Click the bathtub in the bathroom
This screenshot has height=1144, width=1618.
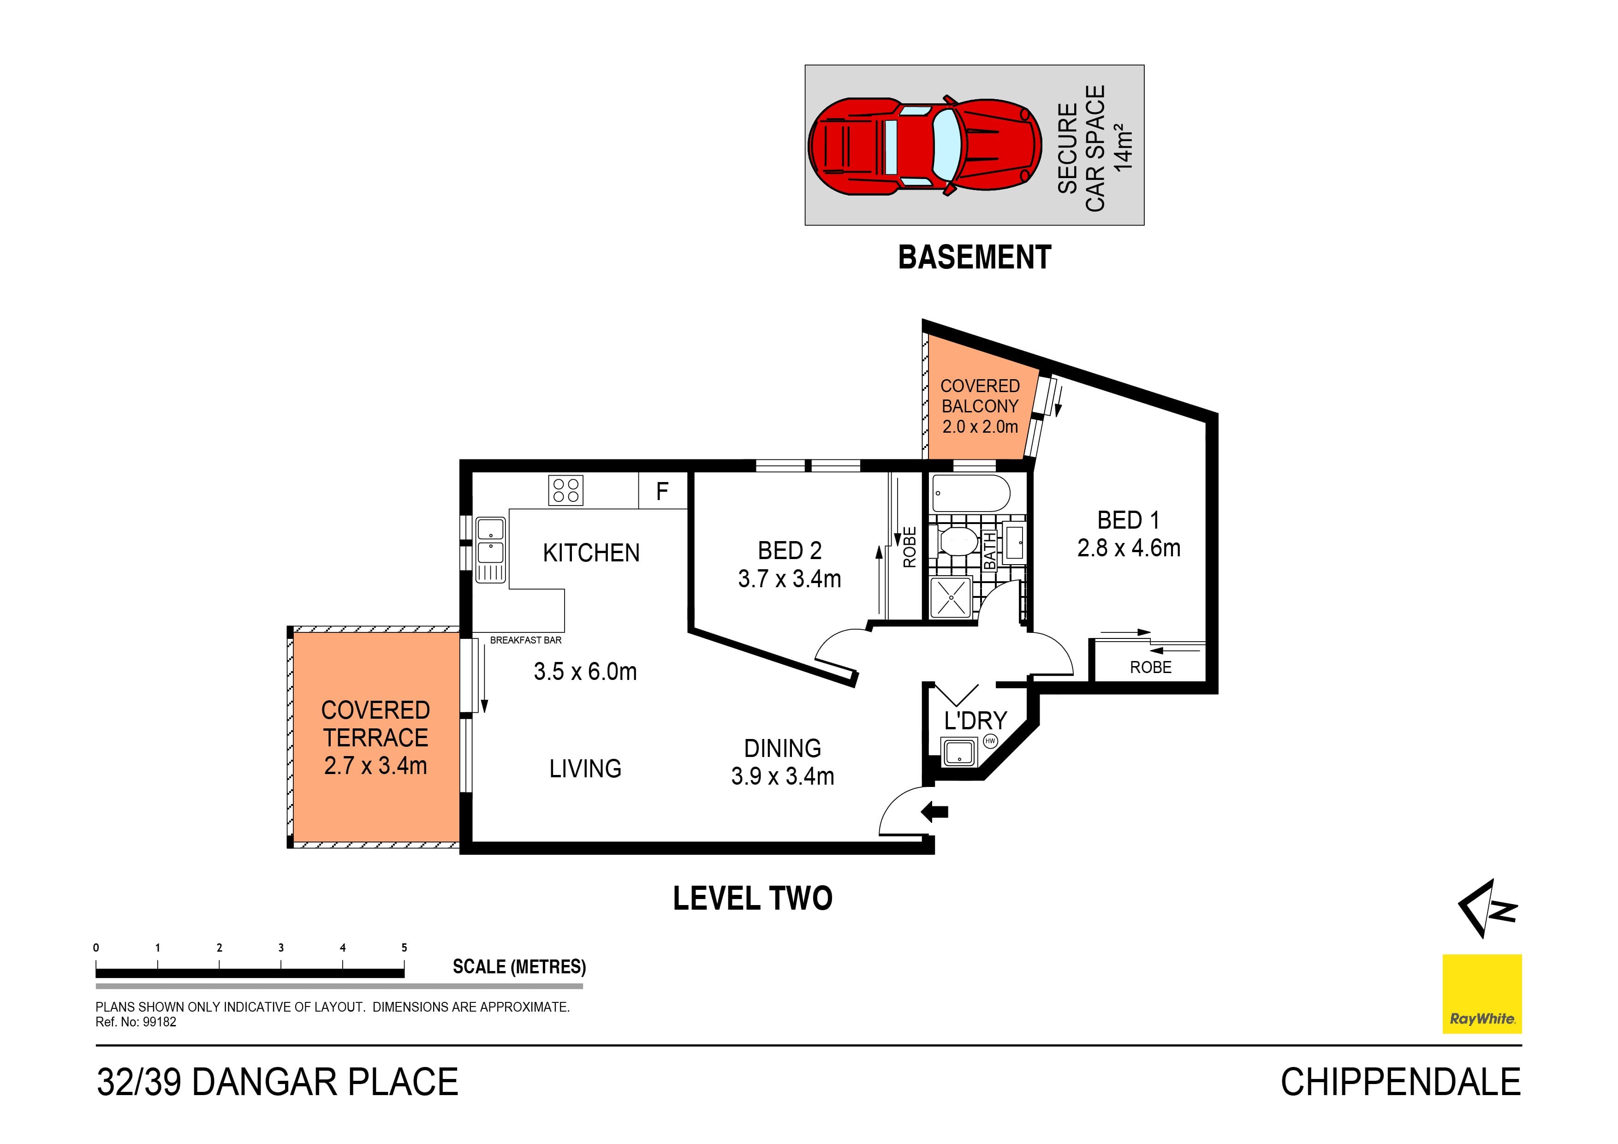pyautogui.click(x=970, y=494)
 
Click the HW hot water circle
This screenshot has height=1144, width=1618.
pyautogui.click(x=990, y=741)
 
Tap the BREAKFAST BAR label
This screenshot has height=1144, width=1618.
pyautogui.click(x=526, y=640)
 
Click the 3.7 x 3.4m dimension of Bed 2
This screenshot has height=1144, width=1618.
pyautogui.click(x=789, y=579)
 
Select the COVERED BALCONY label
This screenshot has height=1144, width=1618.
pyautogui.click(x=980, y=396)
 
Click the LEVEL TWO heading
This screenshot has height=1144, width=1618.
pyautogui.click(x=753, y=899)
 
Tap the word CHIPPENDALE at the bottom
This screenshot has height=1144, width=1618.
pyautogui.click(x=1400, y=1083)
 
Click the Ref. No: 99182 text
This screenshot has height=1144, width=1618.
pyautogui.click(x=136, y=1022)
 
